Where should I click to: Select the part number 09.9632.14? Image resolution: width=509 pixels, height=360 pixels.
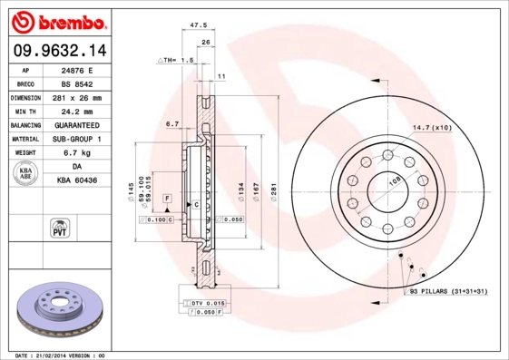point(56,51)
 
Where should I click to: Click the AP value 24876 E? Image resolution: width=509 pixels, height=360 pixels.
point(78,69)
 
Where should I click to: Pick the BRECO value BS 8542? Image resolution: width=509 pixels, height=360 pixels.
point(76,83)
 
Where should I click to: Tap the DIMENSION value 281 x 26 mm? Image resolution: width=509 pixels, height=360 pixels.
point(77,97)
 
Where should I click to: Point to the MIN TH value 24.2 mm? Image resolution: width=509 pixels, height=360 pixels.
point(76,111)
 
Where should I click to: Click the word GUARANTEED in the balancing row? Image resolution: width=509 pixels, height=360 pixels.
point(77,125)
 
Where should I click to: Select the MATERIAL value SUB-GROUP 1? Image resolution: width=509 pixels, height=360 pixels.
point(77,139)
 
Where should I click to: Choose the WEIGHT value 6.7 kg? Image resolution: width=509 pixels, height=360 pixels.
point(76,153)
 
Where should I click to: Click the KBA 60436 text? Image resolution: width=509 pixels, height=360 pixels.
point(76,181)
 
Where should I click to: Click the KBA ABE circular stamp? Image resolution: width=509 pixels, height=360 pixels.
point(24,174)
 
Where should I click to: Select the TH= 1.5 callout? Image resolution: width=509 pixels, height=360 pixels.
point(176,60)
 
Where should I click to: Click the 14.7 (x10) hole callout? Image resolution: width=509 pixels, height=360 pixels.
point(432,127)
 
